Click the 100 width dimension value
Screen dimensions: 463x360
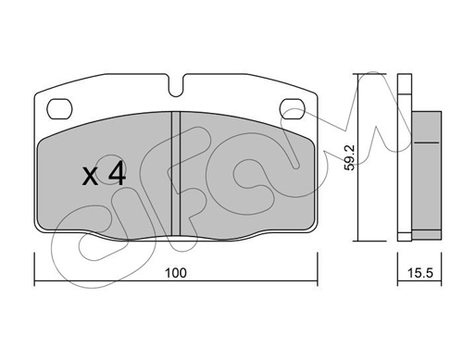click(x=176, y=273)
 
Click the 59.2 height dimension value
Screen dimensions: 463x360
click(x=350, y=157)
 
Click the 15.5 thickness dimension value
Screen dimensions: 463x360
click(x=420, y=273)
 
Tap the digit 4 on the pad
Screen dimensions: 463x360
click(x=118, y=174)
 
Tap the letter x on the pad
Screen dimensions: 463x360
click(x=91, y=177)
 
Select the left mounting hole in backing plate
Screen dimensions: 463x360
click(x=59, y=108)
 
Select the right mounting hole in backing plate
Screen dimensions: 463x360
click(x=292, y=108)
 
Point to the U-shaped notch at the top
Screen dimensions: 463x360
click(x=176, y=85)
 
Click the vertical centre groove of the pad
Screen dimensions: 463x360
click(x=176, y=174)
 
